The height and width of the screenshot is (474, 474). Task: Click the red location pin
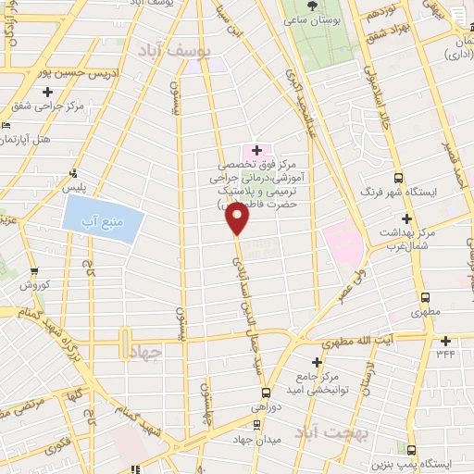[x=238, y=218]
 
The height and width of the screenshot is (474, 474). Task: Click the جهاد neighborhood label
[x=146, y=352]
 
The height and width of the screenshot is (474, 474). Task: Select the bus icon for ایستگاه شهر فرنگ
[x=398, y=178]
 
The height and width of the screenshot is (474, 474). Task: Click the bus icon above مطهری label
[x=425, y=297]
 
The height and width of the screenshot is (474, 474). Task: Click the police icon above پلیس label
[x=73, y=173]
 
